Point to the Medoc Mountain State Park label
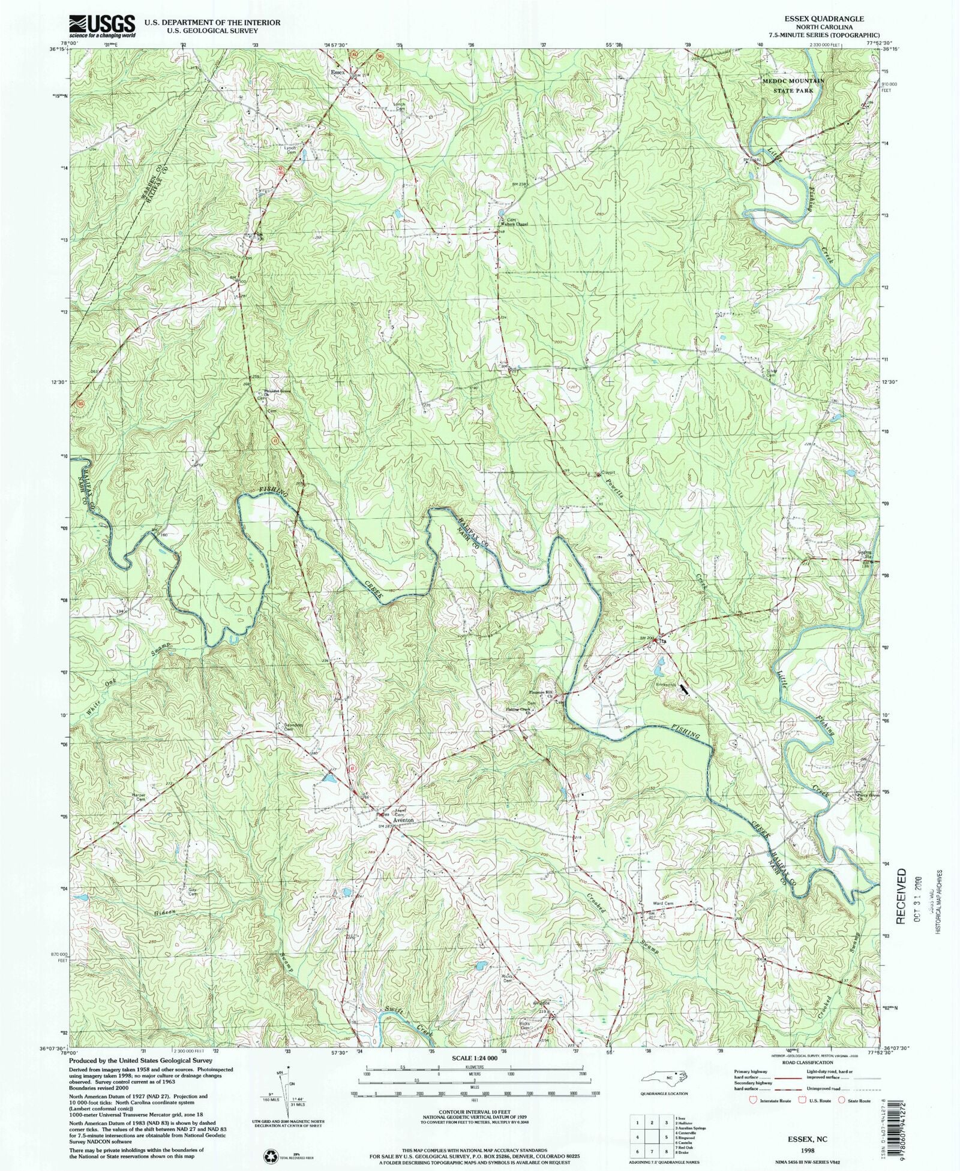[793, 85]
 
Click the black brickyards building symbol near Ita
[685, 690]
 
